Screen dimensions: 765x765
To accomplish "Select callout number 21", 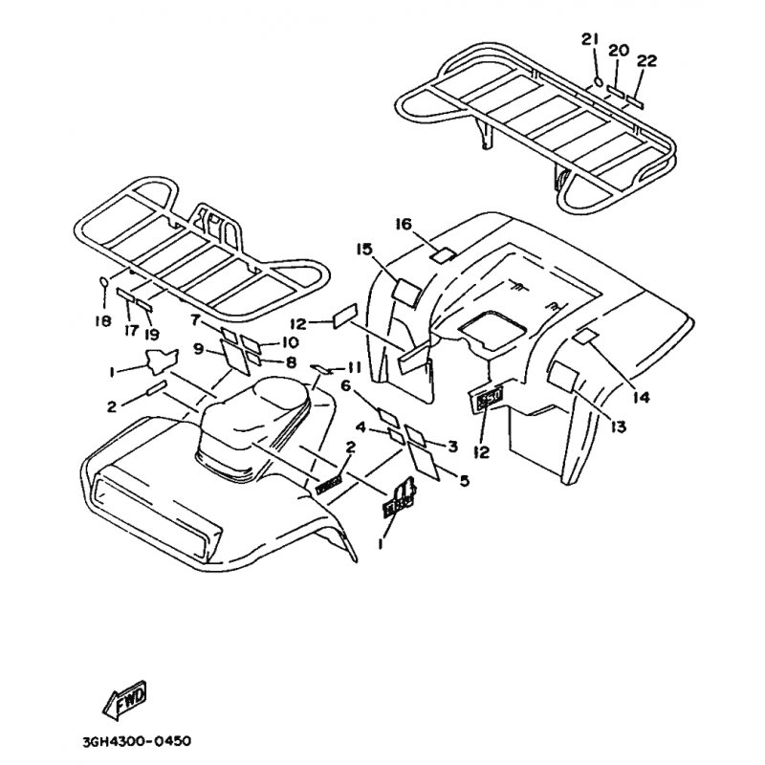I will (589, 39).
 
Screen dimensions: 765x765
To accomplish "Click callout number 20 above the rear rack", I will (617, 50).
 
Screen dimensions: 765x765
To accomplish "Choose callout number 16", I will (403, 224).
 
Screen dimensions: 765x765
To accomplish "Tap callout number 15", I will (364, 250).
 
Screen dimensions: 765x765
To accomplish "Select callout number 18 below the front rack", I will (103, 320).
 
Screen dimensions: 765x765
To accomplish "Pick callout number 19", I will (153, 334).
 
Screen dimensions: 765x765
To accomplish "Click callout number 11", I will (355, 366).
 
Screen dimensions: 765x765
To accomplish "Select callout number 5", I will (464, 481).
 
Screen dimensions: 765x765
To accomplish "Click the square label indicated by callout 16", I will (441, 255).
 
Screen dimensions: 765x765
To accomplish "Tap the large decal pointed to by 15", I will (405, 292).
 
